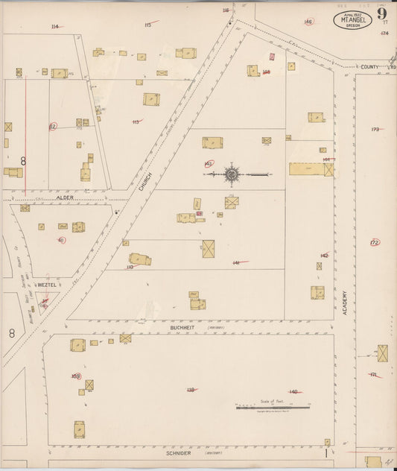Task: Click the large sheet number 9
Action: click(381, 13)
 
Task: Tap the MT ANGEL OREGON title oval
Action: click(352, 19)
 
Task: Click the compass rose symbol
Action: click(232, 174)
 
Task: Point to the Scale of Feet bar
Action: click(273, 407)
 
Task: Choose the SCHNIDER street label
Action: click(179, 452)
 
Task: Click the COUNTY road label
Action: click(367, 66)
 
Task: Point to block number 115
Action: click(147, 25)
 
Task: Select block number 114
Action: click(54, 26)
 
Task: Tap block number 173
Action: click(375, 129)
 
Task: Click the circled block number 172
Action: click(375, 242)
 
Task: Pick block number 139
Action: click(191, 389)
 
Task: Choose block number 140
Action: click(293, 391)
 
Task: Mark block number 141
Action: click(236, 262)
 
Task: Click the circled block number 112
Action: click(52, 126)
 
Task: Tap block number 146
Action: click(308, 22)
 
